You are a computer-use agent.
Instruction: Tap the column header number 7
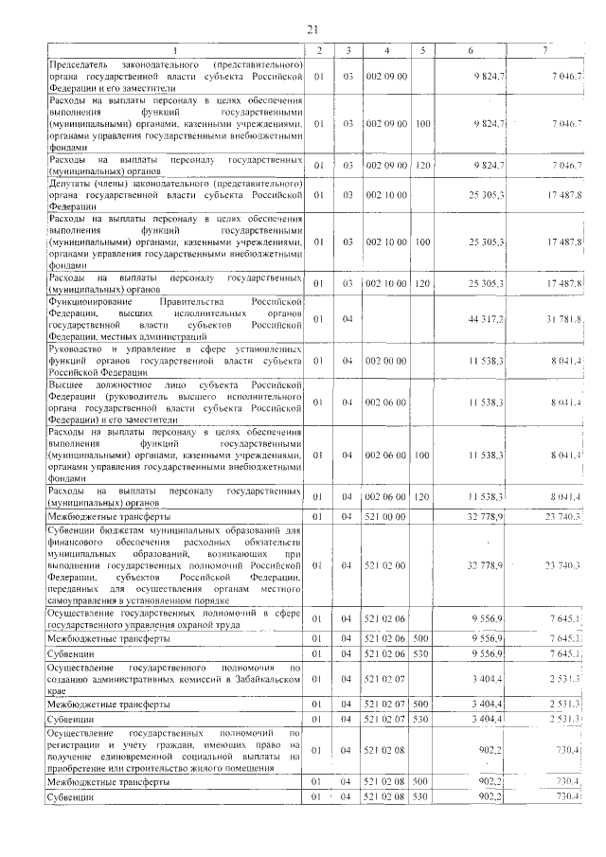[544, 49]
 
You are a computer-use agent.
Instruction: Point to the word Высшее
[66, 384]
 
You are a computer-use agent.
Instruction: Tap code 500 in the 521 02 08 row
[422, 782]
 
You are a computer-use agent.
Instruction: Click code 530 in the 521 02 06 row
[422, 654]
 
